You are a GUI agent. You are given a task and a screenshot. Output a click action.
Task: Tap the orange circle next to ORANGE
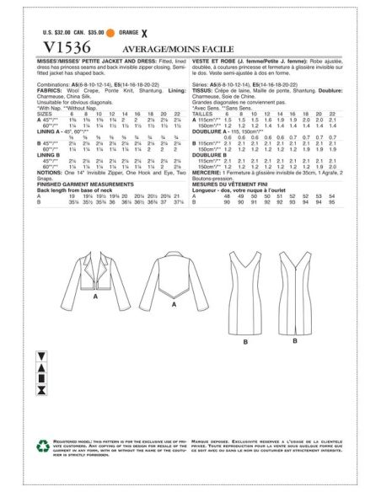[x=135, y=33]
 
